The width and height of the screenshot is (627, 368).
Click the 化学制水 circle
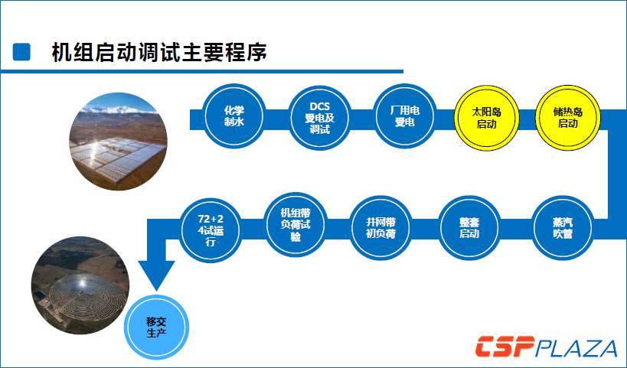234,116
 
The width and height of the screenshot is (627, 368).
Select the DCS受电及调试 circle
319,118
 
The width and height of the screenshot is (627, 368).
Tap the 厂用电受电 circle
405,116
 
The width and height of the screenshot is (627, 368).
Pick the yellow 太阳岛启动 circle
487,118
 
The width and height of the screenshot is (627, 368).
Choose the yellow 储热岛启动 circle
568,118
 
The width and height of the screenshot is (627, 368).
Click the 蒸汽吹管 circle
563,228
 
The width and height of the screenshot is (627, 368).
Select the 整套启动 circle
469,228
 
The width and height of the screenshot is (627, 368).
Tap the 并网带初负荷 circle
380,228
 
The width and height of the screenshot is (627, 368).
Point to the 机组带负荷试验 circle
296,225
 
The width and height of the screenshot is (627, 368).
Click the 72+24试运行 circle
211,230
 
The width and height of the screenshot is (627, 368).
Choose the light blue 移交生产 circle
156,327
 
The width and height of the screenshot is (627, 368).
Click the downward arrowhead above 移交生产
156,275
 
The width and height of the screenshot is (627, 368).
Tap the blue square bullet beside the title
21,52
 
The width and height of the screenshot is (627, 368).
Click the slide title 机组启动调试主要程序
159,52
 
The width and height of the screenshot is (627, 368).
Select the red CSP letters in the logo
505,347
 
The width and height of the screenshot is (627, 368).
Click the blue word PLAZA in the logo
576,347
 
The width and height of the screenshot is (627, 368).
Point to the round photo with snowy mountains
118,142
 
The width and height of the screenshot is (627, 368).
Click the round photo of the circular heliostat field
80,285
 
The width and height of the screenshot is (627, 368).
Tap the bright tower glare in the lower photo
83,283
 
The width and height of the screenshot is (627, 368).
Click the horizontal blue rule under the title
201,71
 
